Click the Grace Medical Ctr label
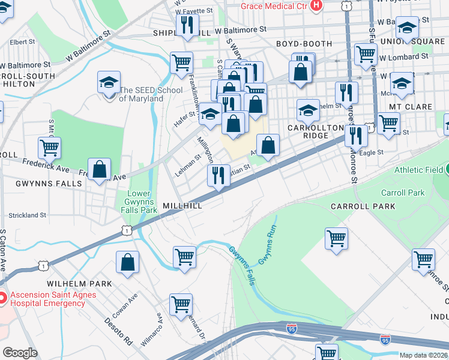tap(274, 6)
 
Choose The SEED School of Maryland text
tap(141, 94)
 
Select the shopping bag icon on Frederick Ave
tap(100, 169)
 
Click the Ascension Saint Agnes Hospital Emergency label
tap(47, 299)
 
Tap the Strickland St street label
tap(27, 215)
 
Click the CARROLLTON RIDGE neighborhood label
tap(316, 131)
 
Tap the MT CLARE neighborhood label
tap(411, 107)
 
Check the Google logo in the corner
tap(20, 353)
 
